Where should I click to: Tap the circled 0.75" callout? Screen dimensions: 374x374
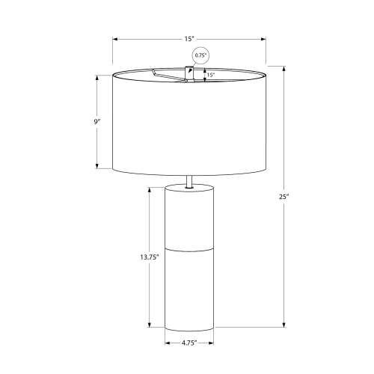(x=200, y=55)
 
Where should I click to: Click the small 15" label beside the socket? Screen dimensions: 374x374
(x=210, y=74)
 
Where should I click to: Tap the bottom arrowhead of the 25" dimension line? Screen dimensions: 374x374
(x=283, y=324)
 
